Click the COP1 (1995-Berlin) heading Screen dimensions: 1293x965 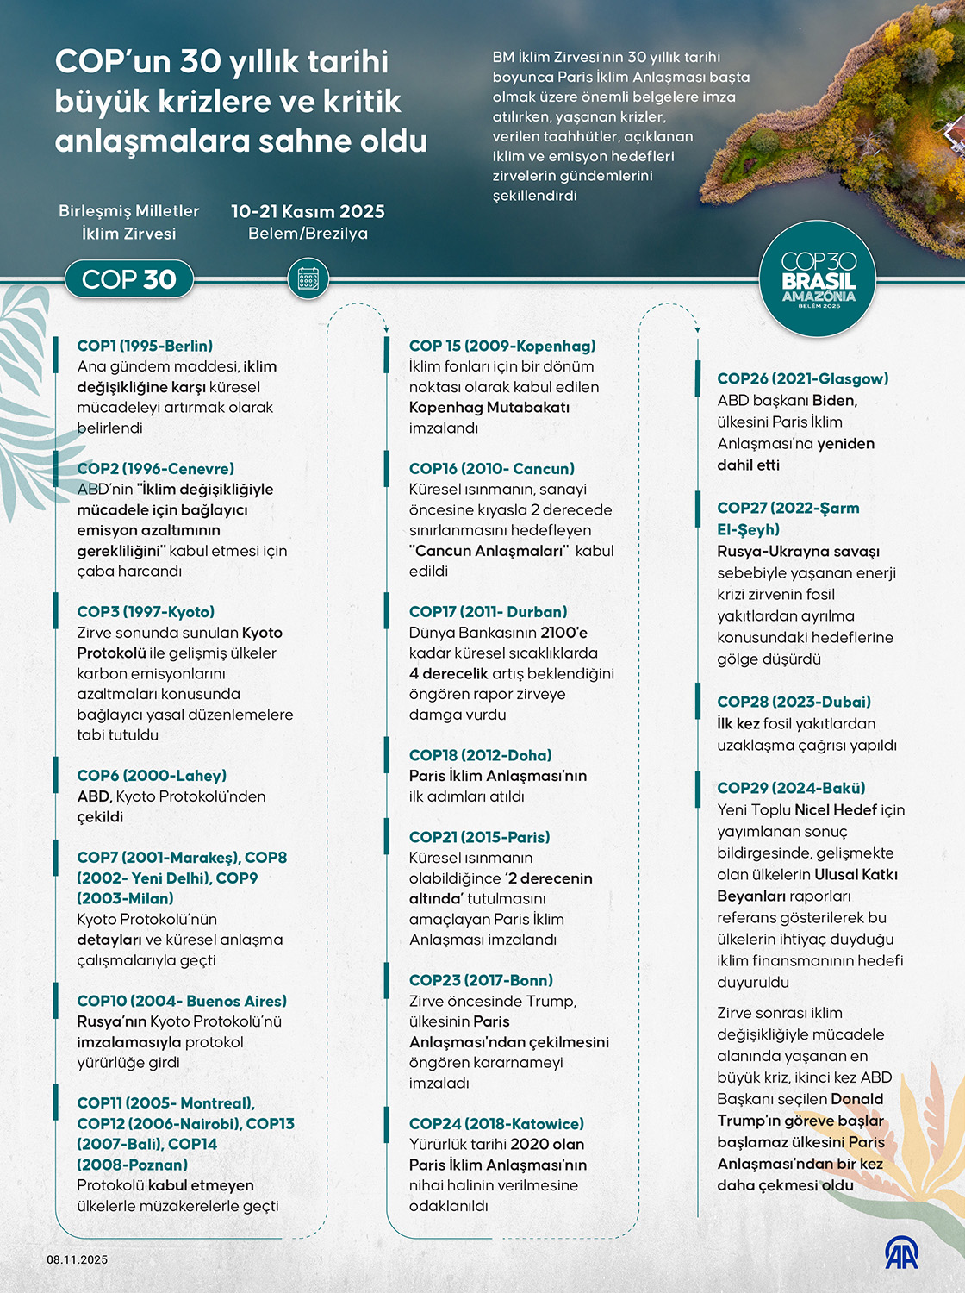145,346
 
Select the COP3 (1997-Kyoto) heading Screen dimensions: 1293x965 146,611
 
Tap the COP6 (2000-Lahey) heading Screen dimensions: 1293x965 152,775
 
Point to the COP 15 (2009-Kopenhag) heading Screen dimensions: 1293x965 502,346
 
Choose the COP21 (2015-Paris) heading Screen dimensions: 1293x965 479,836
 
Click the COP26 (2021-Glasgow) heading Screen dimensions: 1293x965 802,378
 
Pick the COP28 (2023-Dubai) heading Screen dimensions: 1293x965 794,702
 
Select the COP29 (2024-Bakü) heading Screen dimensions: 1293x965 791,788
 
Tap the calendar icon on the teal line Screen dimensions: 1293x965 308,279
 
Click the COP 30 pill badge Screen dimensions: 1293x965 128,279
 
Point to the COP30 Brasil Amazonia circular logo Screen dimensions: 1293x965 818,279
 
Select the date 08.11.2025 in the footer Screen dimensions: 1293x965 78,1259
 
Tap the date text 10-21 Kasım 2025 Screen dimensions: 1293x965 308,211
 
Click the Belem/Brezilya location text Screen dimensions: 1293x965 308,234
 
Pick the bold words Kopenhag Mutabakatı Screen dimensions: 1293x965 489,407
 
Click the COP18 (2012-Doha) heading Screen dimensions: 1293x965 480,754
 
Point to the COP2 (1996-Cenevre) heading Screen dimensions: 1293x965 155,468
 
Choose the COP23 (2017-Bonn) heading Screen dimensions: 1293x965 481,980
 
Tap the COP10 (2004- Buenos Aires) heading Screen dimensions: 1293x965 182,1001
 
